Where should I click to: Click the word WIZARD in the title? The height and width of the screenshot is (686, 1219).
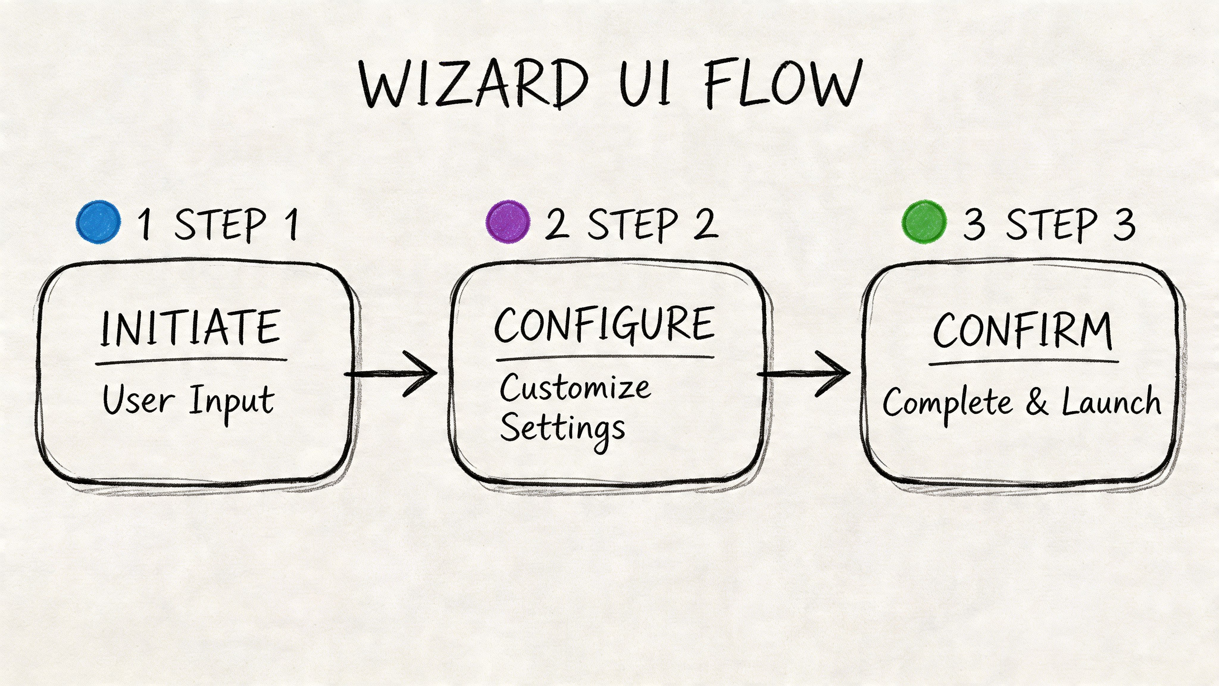(473, 84)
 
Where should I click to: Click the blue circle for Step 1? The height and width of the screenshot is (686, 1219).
(99, 222)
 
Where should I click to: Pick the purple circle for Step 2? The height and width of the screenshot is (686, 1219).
(508, 222)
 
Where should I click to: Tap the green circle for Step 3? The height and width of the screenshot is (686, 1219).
(924, 222)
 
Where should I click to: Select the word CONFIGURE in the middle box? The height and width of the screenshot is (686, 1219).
(604, 325)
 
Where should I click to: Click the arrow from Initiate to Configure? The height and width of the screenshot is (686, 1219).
(393, 374)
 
